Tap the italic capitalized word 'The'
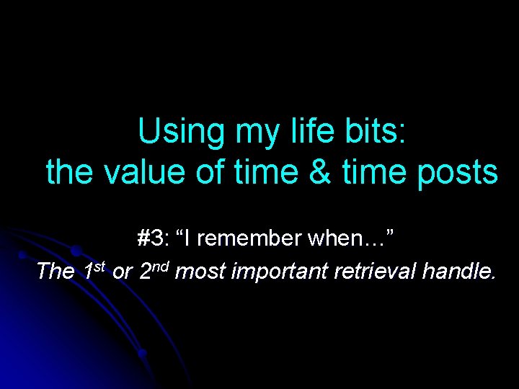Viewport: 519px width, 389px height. coord(55,272)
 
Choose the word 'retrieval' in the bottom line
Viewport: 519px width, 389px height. coord(370,272)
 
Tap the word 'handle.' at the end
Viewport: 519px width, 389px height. coord(458,272)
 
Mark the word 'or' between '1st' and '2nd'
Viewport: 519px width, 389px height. coord(123,272)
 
